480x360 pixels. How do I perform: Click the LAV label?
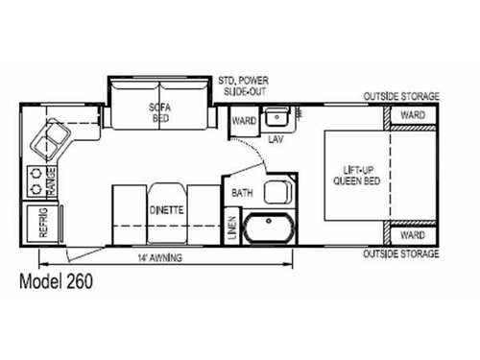click(x=275, y=139)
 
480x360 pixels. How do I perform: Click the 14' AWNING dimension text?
click(x=161, y=258)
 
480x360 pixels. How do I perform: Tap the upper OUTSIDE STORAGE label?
click(x=400, y=97)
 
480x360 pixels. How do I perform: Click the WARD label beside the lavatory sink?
click(x=244, y=122)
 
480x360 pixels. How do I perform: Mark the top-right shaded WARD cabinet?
click(x=412, y=116)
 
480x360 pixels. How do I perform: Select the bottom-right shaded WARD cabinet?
click(x=412, y=233)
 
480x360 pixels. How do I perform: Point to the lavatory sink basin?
click(x=278, y=118)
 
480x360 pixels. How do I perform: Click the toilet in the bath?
click(x=278, y=191)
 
